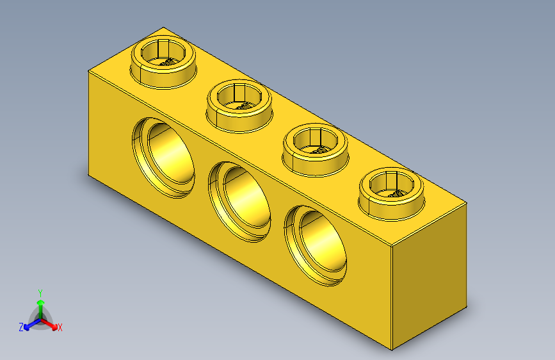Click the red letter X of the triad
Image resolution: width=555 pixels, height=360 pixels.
[60, 328]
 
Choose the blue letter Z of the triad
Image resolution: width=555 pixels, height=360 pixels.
[21, 327]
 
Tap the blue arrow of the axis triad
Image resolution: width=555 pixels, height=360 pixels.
[29, 324]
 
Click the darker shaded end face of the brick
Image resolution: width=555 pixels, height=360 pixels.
[428, 275]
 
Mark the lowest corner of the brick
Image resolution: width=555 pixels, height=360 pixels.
[391, 350]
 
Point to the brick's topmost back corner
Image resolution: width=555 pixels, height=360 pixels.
[164, 28]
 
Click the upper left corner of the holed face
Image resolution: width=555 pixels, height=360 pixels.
[88, 71]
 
